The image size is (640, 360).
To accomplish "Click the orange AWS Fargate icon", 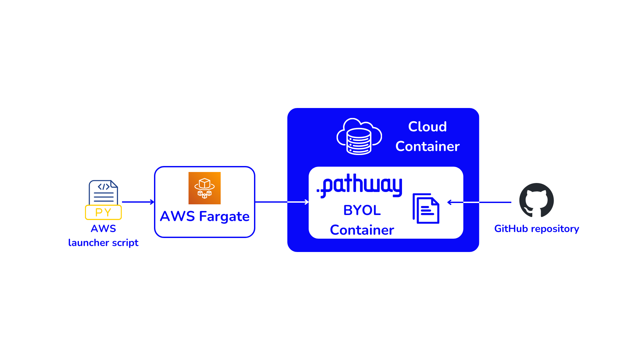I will pos(204,188).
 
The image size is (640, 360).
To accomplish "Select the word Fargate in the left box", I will pos(224,216).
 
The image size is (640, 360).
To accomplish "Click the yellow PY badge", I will pos(103,212).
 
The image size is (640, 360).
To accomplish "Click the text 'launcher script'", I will pos(103,243).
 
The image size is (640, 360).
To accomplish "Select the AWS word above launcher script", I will pos(103,229).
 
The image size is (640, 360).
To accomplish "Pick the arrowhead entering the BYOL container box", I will pos(307,202).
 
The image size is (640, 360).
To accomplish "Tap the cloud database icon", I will pos(359,137).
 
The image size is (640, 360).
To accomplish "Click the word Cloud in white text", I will pos(427,127).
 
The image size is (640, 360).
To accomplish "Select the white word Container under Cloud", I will pos(427,146).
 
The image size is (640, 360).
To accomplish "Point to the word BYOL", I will pos(362,210).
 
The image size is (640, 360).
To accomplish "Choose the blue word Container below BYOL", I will pos(362,230).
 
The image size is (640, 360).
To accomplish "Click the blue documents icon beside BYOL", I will pos(426,208).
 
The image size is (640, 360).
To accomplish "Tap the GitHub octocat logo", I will pos(536,200).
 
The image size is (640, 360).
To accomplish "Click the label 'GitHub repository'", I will pos(536,229).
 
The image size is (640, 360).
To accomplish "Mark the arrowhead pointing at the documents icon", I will pos(449,202).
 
